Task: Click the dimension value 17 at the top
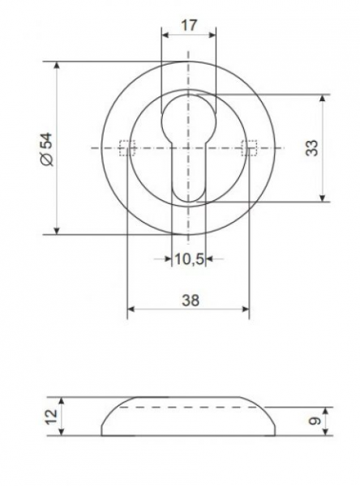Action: [x=189, y=25]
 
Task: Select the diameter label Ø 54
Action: [x=46, y=149]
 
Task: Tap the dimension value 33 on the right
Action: [x=312, y=148]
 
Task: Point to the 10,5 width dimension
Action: [x=188, y=259]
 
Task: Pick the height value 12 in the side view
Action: [x=51, y=416]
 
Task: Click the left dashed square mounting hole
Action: [x=126, y=147]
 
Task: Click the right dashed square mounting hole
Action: [x=249, y=147]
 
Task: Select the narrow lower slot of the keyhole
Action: [x=188, y=174]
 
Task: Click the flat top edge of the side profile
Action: [x=188, y=398]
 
